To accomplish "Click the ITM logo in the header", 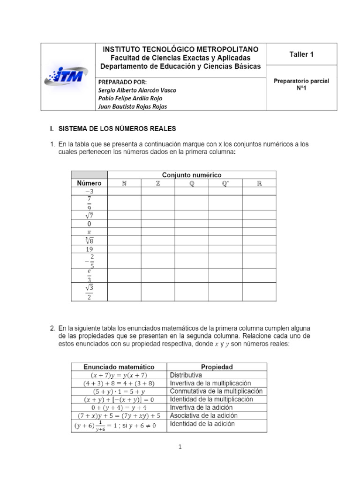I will (64, 75).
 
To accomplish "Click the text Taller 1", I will (301, 54).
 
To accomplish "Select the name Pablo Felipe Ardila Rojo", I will (130, 98).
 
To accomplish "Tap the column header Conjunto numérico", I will (192, 175).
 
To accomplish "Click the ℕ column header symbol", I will (124, 183).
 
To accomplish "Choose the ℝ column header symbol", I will (259, 183).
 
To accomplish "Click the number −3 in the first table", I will (89, 191).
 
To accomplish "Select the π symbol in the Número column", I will (89, 232).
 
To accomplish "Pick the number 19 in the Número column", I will (89, 249).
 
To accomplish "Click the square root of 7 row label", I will (89, 215).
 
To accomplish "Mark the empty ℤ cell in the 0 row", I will (157, 224).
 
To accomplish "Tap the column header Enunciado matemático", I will (119, 367).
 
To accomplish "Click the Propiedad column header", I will (217, 367).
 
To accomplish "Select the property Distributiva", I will (186, 375).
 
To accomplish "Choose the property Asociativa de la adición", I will (203, 415).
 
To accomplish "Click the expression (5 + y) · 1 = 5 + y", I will (119, 391).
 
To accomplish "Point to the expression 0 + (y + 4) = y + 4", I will (119, 407).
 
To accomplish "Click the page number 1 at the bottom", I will (180, 447).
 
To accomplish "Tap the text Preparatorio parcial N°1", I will (301, 84).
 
